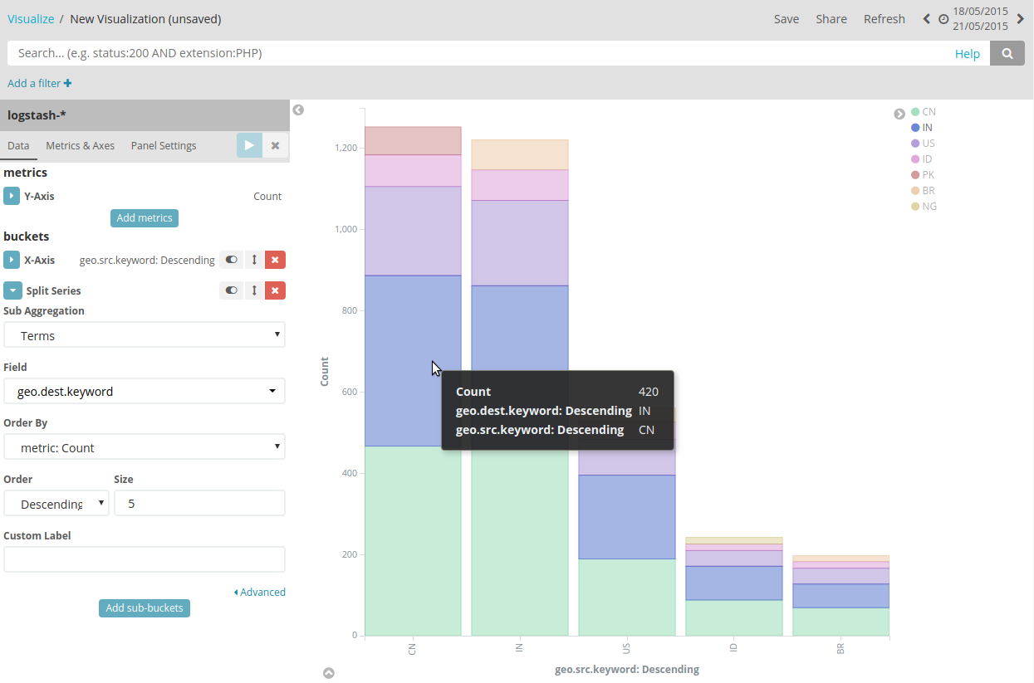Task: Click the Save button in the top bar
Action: (786, 19)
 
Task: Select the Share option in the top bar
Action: (831, 19)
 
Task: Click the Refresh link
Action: (884, 19)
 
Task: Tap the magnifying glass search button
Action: (1007, 54)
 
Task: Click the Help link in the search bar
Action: (967, 54)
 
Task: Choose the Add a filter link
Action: (39, 83)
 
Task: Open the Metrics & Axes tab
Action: (80, 146)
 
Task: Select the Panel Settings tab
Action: (164, 146)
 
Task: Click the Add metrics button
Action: (145, 218)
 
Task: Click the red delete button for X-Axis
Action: (275, 260)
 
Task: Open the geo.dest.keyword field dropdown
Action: (145, 392)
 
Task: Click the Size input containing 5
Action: (199, 503)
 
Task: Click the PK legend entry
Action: (928, 175)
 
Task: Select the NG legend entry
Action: (929, 207)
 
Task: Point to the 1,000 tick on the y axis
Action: (345, 230)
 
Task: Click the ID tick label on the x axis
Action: (733, 648)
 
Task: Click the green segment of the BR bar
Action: (840, 622)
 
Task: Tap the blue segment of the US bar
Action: (626, 516)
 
